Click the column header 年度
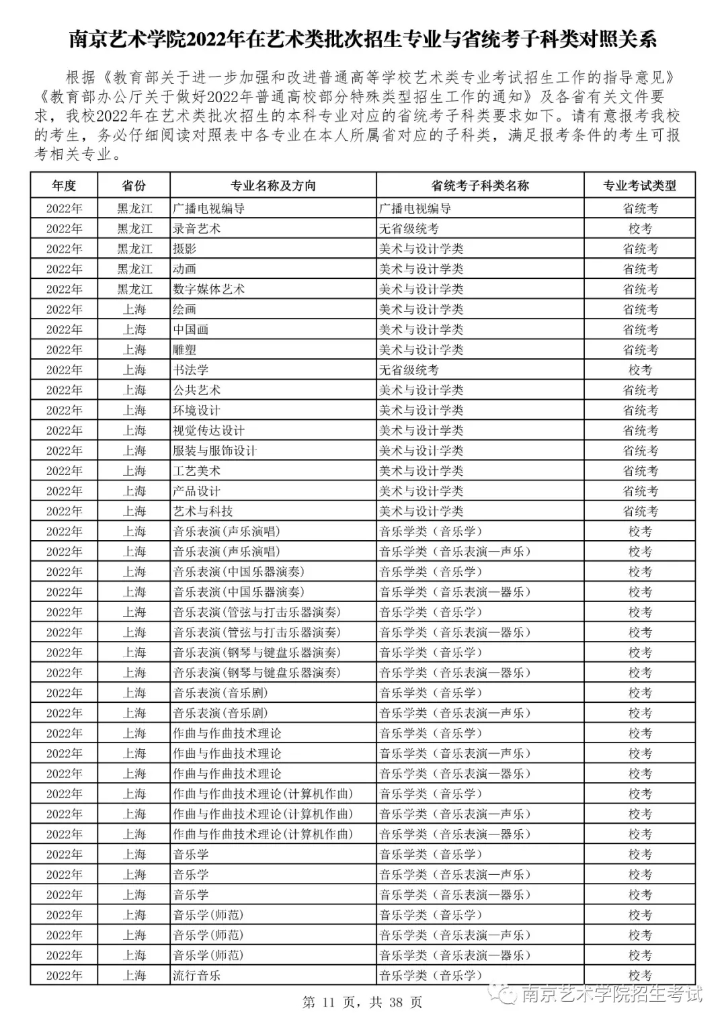pos(64,186)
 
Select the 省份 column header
pos(134,186)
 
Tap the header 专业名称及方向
pos(273,186)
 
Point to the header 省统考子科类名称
pos(480,186)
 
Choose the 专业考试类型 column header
pos(639,186)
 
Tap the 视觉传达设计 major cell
pos(208,430)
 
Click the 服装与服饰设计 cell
pos(214,450)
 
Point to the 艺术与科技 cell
pos(202,511)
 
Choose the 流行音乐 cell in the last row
pos(196,975)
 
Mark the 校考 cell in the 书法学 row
pos(639,370)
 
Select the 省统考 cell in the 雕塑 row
pos(639,349)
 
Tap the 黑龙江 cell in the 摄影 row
pos(134,249)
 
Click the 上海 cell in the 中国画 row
pos(134,329)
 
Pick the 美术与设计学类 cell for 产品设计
pos(421,490)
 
